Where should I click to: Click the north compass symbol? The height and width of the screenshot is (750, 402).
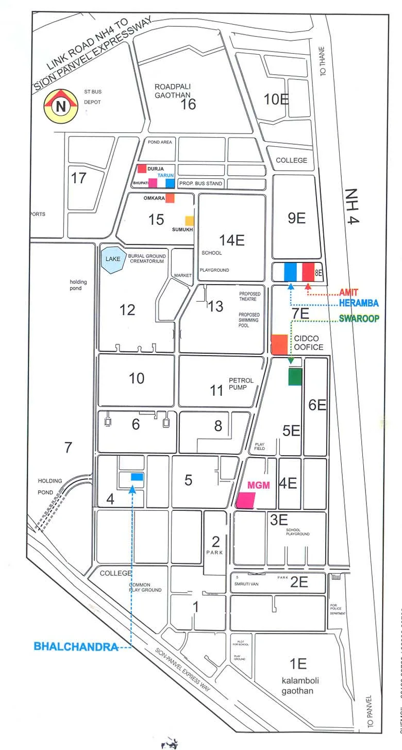61,106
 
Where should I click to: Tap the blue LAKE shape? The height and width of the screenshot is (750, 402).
112,260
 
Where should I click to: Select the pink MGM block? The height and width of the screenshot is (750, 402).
246,500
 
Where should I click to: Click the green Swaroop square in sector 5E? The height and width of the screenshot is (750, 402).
295,377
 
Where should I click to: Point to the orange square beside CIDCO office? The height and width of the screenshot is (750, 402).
279,344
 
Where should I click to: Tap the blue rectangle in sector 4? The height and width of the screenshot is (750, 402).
137,477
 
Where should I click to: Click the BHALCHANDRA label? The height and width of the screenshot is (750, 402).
76,646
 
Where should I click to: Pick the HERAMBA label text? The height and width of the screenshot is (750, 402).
359,303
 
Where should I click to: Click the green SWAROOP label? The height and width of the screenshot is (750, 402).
359,319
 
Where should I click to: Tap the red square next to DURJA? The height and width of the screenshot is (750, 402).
142,169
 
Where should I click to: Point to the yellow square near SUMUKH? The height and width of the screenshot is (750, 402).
190,220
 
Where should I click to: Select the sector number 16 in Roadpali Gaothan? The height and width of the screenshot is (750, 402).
188,105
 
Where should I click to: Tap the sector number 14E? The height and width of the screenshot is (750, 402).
231,239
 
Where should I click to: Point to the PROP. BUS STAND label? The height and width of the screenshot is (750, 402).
200,184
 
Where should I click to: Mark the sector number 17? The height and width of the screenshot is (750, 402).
79,178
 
